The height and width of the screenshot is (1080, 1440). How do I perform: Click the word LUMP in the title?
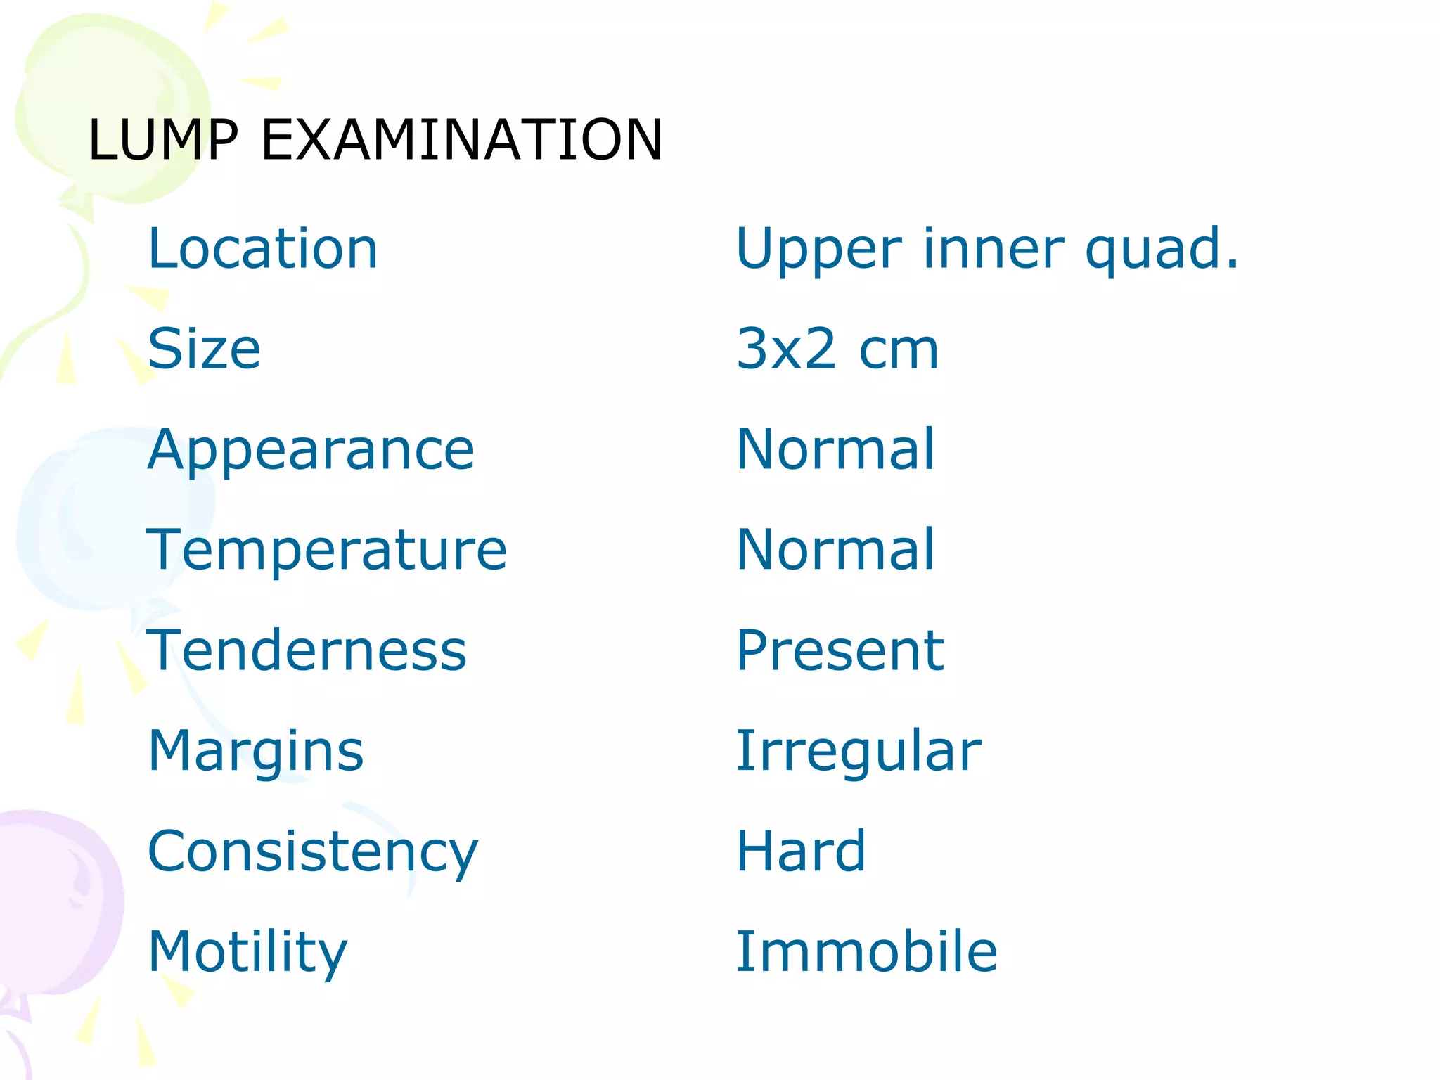point(163,140)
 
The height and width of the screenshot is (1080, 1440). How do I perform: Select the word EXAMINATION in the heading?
point(462,140)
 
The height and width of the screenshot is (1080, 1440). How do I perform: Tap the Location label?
point(263,249)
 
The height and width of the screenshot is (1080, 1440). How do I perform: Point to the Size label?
point(204,349)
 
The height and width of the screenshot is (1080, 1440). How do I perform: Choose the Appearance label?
point(311,450)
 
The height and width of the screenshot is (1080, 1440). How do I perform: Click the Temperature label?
point(326,550)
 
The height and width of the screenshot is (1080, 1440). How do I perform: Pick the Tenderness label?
point(307,650)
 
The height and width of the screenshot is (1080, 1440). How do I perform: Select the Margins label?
point(256,751)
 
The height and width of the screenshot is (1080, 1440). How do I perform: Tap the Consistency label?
point(313,852)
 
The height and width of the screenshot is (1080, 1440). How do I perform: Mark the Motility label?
point(247,952)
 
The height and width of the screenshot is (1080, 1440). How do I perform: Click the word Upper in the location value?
point(818,250)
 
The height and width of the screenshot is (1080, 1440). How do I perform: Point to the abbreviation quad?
point(1162,250)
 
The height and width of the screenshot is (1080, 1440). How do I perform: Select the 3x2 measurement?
point(786,349)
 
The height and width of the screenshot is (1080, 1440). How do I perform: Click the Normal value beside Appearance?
point(835,449)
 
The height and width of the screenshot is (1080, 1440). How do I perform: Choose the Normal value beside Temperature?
point(835,550)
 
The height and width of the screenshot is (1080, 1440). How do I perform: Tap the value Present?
point(840,650)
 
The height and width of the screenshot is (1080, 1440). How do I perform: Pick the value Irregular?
point(858,751)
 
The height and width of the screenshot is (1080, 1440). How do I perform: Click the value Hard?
point(801,851)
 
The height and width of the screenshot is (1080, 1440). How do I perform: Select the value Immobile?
point(866,952)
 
